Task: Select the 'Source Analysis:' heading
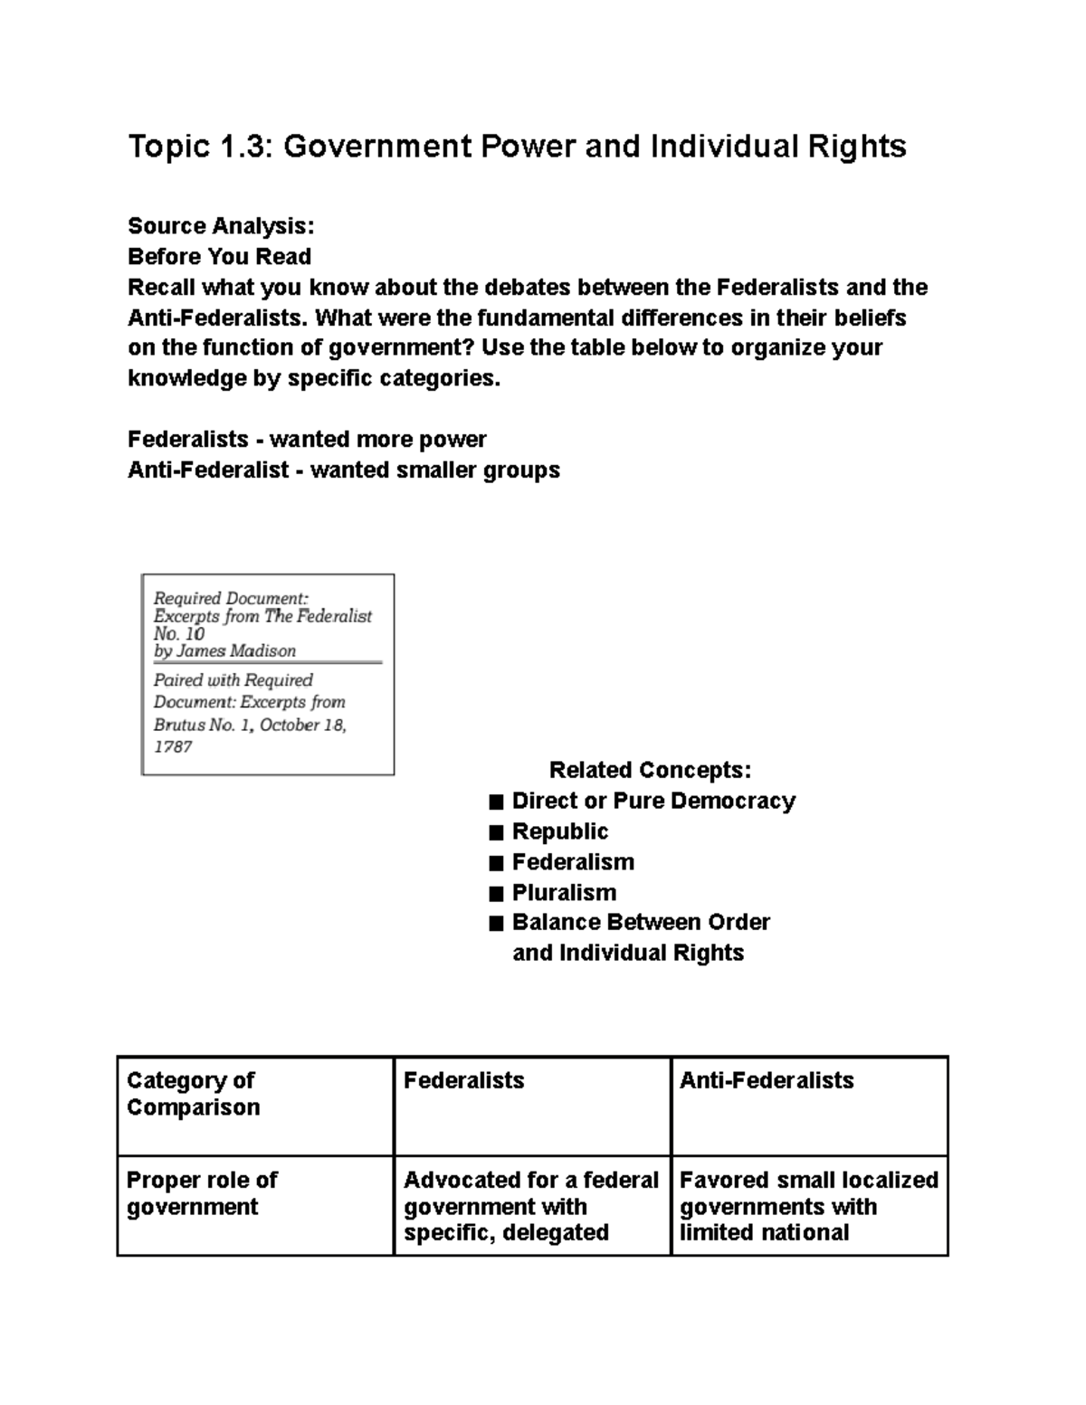coord(221,225)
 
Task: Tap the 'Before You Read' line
coord(219,256)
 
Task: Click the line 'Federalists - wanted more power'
coord(307,440)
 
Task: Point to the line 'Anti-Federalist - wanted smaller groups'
coord(343,470)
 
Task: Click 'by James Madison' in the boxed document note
coord(224,651)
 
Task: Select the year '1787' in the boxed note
coord(172,747)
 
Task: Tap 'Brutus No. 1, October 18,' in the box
coord(250,725)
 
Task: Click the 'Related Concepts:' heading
coord(650,770)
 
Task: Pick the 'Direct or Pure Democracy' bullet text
coord(653,801)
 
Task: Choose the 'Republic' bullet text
coord(560,831)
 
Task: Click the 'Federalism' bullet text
coord(573,862)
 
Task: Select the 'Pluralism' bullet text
coord(564,893)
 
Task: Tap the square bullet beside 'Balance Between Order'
coord(495,924)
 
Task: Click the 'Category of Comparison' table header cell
coord(193,1094)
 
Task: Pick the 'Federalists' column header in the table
coord(463,1080)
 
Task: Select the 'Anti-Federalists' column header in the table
coord(767,1080)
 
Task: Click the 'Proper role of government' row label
coord(201,1193)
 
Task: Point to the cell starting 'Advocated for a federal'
coord(531,1206)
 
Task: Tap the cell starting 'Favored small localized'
coord(808,1206)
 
